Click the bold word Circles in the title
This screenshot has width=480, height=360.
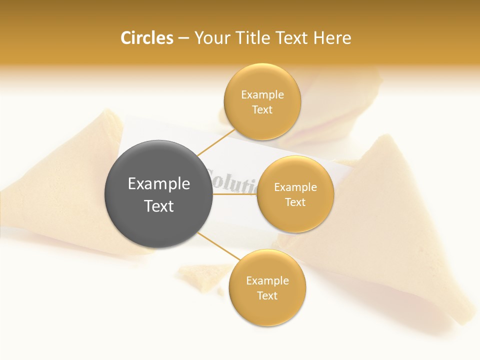(x=146, y=38)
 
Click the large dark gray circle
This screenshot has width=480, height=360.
(x=158, y=194)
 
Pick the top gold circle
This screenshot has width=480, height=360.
(x=262, y=102)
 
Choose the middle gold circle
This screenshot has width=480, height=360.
(x=295, y=194)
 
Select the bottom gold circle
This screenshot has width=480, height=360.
(x=267, y=288)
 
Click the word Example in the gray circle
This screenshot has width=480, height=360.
(x=158, y=184)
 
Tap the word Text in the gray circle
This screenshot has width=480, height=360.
(x=158, y=206)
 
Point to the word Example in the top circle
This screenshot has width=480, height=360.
(x=262, y=95)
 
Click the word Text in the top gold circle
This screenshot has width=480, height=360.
(x=262, y=110)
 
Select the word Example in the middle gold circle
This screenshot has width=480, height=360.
(x=295, y=187)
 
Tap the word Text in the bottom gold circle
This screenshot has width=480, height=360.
(x=267, y=295)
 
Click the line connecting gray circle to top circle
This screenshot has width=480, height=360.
(x=215, y=142)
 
